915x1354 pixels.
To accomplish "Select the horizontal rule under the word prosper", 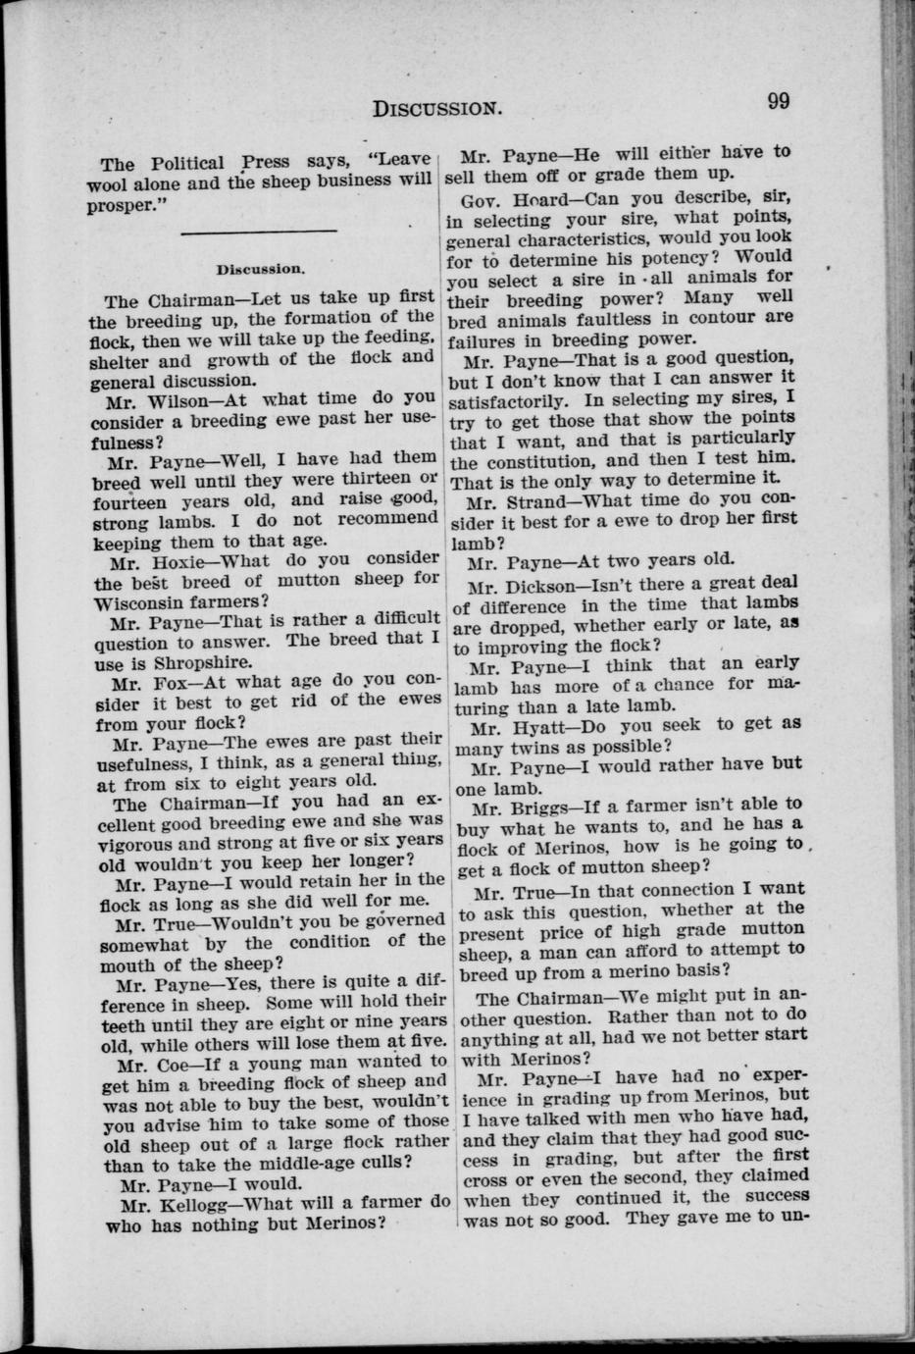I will tap(259, 232).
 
